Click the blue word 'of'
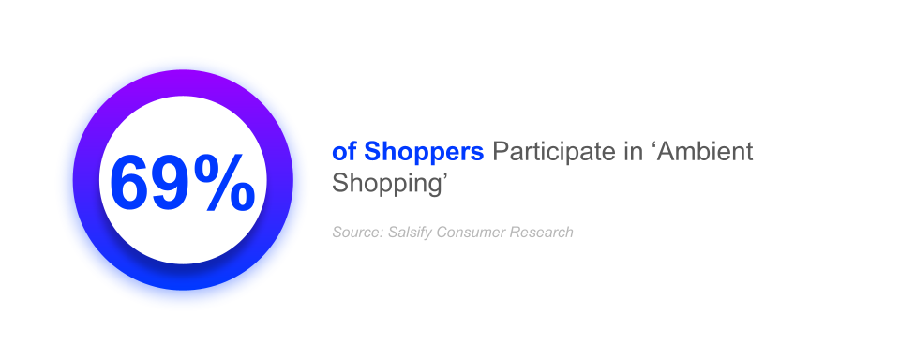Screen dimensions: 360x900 pos(344,152)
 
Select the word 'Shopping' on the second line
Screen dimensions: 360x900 pos(382,184)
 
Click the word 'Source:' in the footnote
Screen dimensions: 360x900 pos(357,232)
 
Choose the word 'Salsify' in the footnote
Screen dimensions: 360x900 pos(412,232)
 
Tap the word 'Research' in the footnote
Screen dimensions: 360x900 pos(541,232)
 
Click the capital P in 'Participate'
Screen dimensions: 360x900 pos(499,152)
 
